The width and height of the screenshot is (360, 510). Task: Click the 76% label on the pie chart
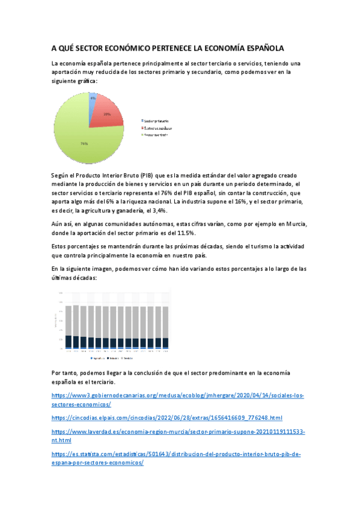coord(84,144)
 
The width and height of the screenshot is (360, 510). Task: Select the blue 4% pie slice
coord(91,99)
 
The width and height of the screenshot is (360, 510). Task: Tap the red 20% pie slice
coord(106,115)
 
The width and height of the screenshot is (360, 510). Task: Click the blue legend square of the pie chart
coord(142,121)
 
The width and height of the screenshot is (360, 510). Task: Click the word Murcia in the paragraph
coord(294,224)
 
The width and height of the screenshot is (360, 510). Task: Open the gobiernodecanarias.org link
coord(178,396)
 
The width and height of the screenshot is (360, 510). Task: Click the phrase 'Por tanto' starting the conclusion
coord(64,373)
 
